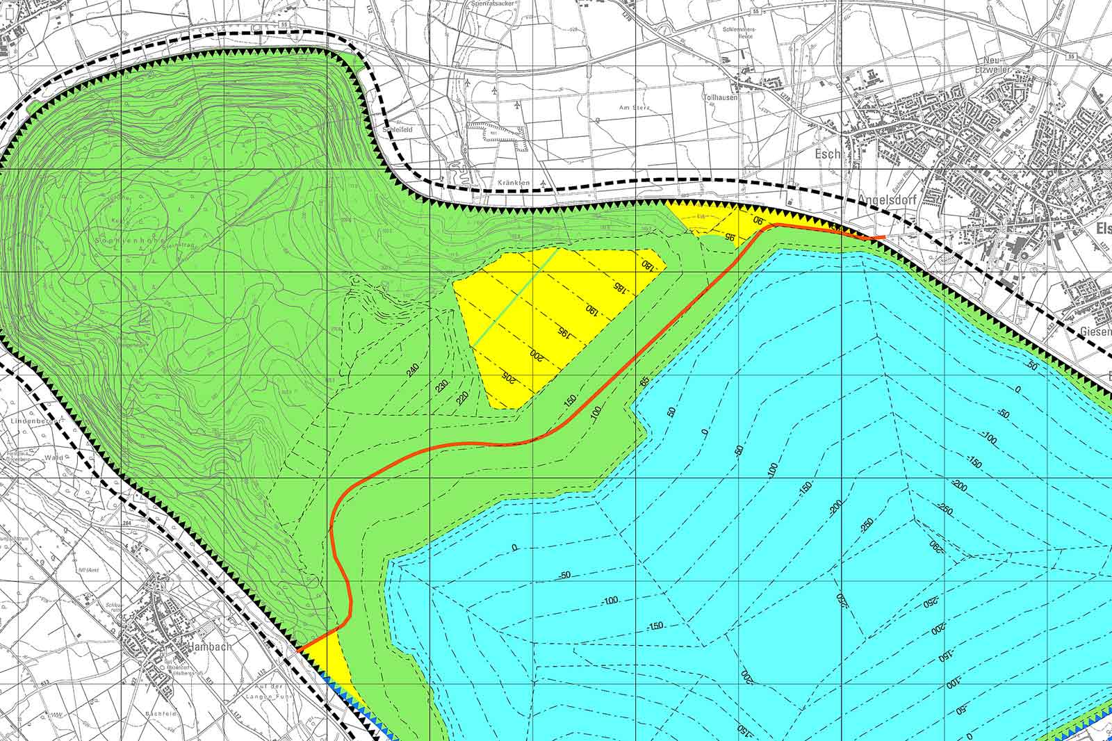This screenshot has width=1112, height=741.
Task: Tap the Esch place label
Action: (830, 154)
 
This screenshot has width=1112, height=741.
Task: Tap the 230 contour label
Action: (443, 386)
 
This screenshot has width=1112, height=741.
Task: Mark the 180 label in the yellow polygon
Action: (647, 265)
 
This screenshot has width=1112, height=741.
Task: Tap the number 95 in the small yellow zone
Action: (730, 236)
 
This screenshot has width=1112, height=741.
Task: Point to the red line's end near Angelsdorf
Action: (883, 237)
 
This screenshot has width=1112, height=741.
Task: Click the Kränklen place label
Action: (514, 182)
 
